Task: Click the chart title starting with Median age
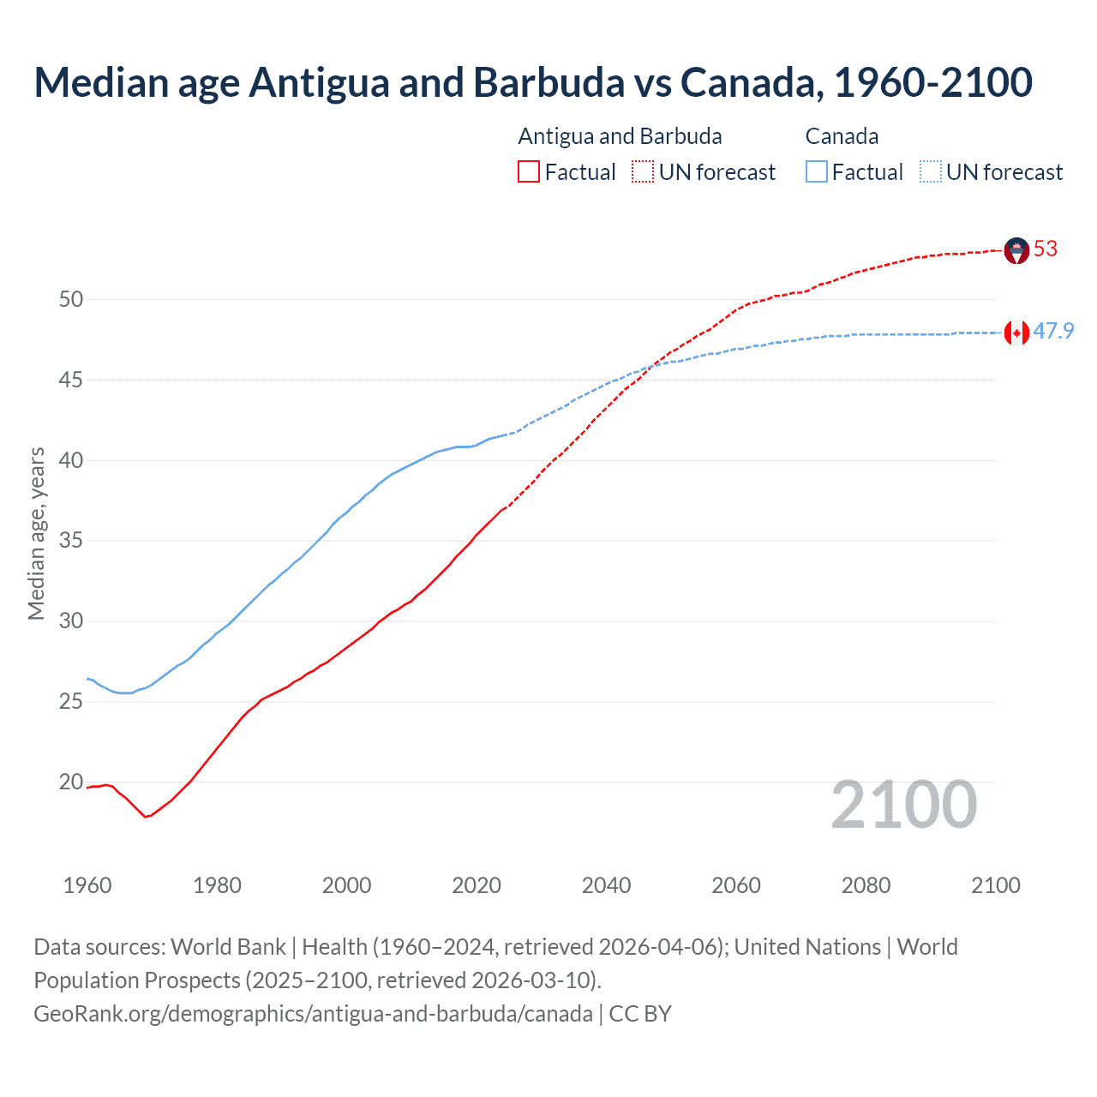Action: tap(533, 82)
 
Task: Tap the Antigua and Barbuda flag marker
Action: tap(1016, 250)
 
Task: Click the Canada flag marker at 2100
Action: tap(1016, 333)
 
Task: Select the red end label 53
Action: tap(1046, 249)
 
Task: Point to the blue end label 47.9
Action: tap(1053, 331)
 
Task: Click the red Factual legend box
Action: tap(529, 172)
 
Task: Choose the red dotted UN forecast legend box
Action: tap(643, 172)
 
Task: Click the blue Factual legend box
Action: tap(817, 172)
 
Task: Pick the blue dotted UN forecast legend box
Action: tap(930, 172)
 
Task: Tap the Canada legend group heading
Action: tap(842, 136)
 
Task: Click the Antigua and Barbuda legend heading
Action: tap(620, 136)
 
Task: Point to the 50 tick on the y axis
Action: tap(71, 299)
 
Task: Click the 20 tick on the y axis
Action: tap(71, 782)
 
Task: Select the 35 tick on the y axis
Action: tap(71, 541)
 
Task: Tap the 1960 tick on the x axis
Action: tap(87, 885)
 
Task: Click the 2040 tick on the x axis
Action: tap(606, 885)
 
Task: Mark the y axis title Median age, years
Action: tap(36, 533)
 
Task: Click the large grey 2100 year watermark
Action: tap(903, 804)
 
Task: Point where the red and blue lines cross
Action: tap(650, 366)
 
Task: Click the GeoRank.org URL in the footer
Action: tap(313, 1014)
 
